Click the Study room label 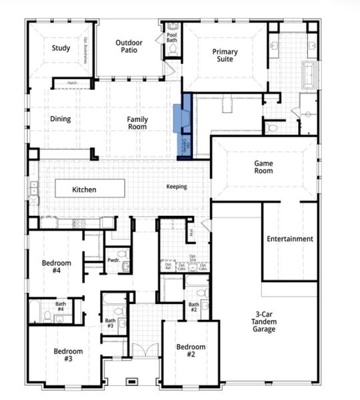[x=61, y=48]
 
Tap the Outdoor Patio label [x=129, y=47]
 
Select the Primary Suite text [x=225, y=56]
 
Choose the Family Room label [x=138, y=123]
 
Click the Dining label [x=61, y=120]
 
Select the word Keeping [x=177, y=187]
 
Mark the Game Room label [x=263, y=167]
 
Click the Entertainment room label [x=289, y=239]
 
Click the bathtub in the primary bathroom [x=311, y=75]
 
